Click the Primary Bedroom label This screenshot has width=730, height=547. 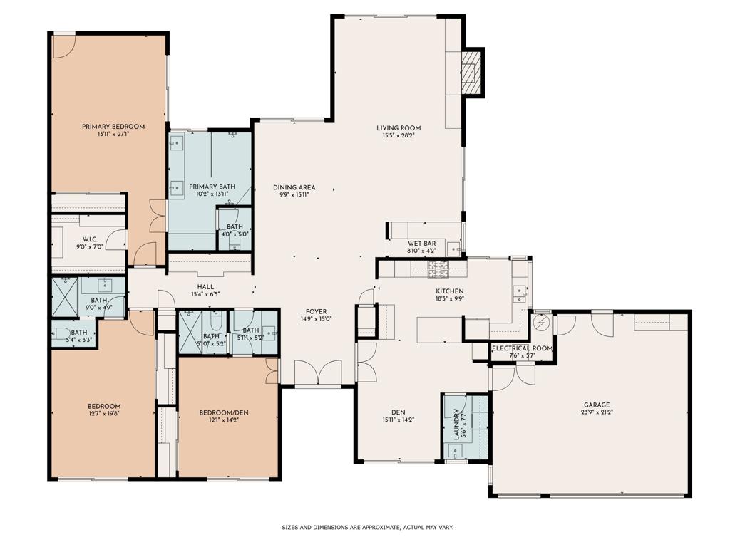tap(113, 127)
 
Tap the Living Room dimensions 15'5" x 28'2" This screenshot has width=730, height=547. tap(399, 135)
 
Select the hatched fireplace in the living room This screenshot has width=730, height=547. tap(471, 72)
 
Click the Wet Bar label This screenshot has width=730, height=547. tap(421, 244)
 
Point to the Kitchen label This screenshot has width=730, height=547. tap(450, 291)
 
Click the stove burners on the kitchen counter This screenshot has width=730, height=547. tap(436, 269)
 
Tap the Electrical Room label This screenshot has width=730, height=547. tap(522, 348)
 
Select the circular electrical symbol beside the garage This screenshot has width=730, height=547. tap(543, 323)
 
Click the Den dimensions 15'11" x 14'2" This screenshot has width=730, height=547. tap(398, 420)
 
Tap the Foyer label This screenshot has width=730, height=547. tap(317, 311)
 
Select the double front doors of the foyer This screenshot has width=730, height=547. tap(317, 373)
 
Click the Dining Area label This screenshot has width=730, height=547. tap(294, 188)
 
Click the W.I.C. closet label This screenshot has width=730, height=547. tap(90, 239)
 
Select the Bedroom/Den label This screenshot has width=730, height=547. tap(223, 412)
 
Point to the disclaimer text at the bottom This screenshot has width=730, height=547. tap(367, 528)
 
